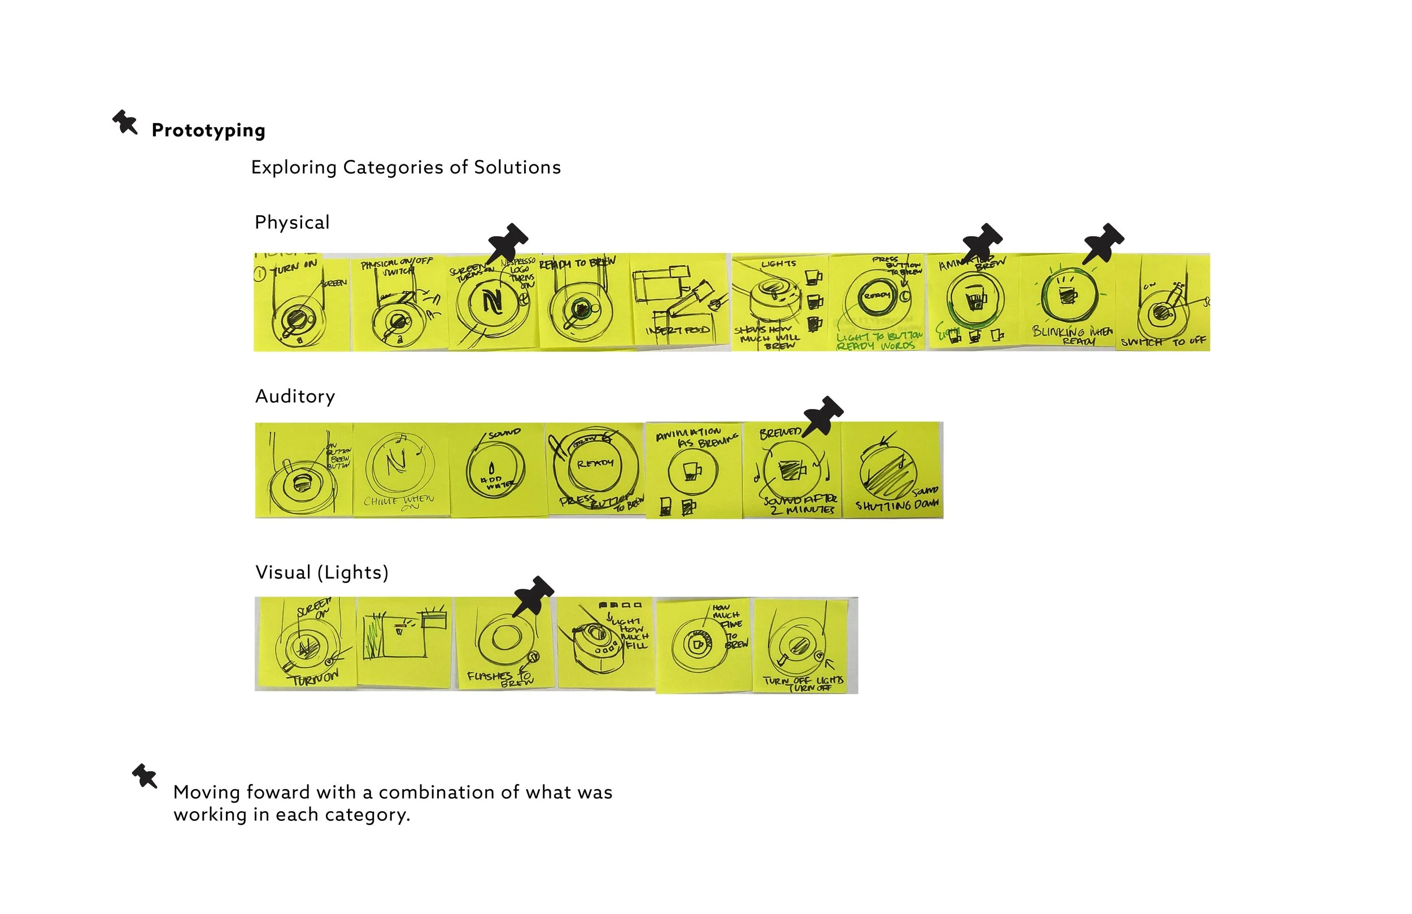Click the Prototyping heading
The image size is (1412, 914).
[x=208, y=130]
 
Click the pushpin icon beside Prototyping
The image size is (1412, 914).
[x=125, y=122]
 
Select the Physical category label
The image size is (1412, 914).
[x=292, y=223]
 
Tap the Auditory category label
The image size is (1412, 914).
[x=295, y=397]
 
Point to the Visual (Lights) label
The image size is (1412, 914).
[x=321, y=573]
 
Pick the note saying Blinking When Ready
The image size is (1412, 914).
[x=1067, y=303]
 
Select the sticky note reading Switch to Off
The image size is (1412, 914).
[x=1163, y=303]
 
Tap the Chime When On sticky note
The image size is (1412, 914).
[x=401, y=470]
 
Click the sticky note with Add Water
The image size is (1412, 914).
[x=497, y=470]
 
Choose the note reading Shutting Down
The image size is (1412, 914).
[x=893, y=470]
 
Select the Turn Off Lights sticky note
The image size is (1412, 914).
[x=801, y=646]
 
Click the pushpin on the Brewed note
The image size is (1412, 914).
[x=823, y=415]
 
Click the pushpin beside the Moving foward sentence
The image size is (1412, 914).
[x=145, y=776]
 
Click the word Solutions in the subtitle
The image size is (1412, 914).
[x=517, y=167]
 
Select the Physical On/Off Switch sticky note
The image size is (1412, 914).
[x=399, y=303]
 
